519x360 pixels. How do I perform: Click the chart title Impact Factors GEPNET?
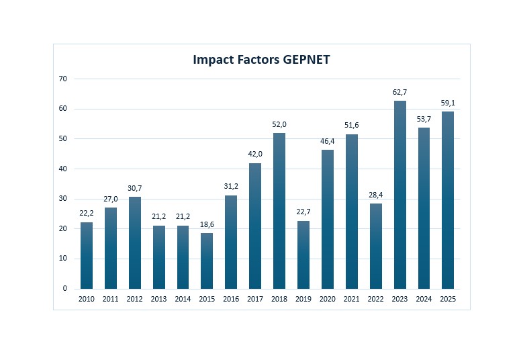(x=261, y=60)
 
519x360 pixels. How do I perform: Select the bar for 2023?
(x=400, y=195)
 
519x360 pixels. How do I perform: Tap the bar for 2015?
(x=207, y=261)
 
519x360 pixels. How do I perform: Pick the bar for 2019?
(x=303, y=255)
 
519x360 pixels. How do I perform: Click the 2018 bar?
(x=279, y=211)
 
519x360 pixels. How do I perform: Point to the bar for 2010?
(x=87, y=256)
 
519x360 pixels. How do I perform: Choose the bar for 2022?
(x=376, y=246)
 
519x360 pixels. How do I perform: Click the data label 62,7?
(x=400, y=93)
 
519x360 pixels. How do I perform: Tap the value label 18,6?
(x=207, y=224)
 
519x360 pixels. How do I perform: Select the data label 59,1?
(x=448, y=103)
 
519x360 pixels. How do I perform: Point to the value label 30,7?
(x=135, y=189)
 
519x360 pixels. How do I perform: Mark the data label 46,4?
(x=328, y=142)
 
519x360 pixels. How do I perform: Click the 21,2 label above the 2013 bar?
(x=159, y=216)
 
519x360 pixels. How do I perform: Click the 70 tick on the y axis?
(x=63, y=79)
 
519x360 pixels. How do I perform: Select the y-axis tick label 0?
(x=65, y=288)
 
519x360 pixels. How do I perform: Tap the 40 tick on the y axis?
(x=63, y=169)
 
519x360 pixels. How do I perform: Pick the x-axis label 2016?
(x=231, y=299)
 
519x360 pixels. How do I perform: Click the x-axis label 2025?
(x=448, y=299)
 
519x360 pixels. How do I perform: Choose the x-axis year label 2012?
(x=135, y=299)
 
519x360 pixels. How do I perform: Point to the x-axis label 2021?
(x=352, y=299)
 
